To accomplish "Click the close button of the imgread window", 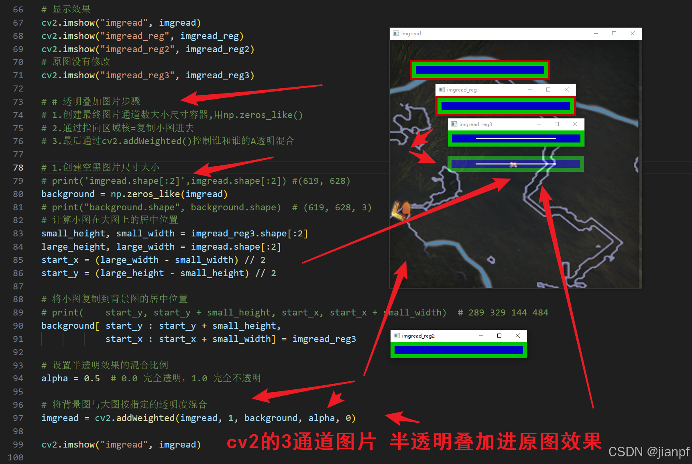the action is coord(633,33).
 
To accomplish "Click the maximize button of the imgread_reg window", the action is coord(548,90).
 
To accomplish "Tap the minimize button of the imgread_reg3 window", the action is coord(539,124).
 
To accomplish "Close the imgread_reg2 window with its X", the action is coord(518,336).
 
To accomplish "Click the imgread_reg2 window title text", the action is coord(418,336).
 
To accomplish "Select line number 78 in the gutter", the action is coord(18,167).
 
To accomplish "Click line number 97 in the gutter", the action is coord(18,418).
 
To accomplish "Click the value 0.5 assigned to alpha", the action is coord(92,378).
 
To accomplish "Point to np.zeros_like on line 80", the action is coord(145,194).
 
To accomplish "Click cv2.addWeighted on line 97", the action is coord(135,418).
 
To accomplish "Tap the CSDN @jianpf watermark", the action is coord(649,452).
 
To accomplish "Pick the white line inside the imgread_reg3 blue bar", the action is coord(516,138).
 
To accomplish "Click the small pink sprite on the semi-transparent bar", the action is coord(513,164).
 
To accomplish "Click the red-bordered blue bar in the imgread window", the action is coord(480,70).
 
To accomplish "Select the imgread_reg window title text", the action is coord(462,90).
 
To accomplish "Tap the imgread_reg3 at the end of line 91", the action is coord(324,339).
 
